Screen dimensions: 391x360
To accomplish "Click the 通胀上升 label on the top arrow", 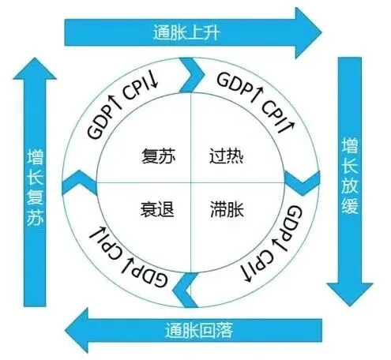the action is (x=186, y=33).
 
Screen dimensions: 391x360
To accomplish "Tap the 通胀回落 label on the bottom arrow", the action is (x=199, y=331).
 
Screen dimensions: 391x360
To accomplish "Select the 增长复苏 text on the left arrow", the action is (x=35, y=188).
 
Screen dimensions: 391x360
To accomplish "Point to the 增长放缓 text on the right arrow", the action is (x=350, y=175).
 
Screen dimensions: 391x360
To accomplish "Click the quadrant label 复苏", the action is (x=159, y=156).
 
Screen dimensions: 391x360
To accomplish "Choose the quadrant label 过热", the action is (x=226, y=156).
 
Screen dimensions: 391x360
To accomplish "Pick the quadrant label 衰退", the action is (x=157, y=209).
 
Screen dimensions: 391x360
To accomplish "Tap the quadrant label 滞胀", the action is (x=227, y=209).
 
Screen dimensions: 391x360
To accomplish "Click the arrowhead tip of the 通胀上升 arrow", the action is (x=321, y=33).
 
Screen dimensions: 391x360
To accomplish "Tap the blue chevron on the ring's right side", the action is (x=303, y=183).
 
